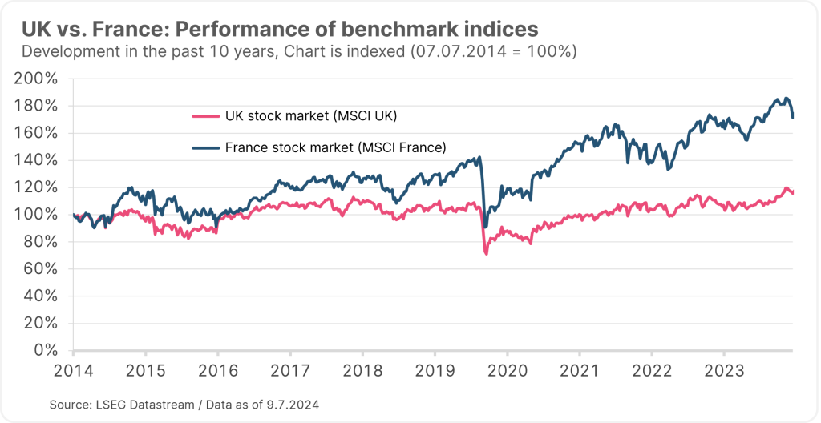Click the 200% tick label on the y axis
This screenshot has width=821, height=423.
tap(37, 79)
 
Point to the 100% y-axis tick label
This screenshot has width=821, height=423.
tap(37, 214)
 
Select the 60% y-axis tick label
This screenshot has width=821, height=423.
tap(40, 268)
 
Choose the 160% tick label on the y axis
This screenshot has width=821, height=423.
tap(37, 133)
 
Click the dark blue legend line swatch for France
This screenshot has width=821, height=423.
tap(207, 147)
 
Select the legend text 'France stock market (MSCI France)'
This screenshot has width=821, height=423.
tap(335, 147)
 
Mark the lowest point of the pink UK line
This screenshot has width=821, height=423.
tap(486, 254)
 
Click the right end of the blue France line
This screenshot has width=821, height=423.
tap(793, 118)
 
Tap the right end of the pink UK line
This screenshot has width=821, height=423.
tap(793, 192)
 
